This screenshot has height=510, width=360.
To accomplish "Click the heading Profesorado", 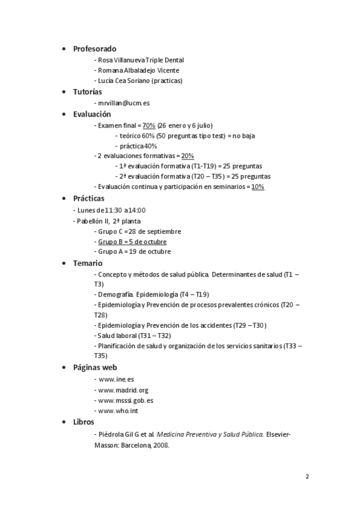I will [x=94, y=49].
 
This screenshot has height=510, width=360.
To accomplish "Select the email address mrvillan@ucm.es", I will [x=124, y=103].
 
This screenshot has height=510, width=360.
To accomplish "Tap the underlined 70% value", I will [x=149, y=125].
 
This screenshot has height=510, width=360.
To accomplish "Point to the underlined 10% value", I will [x=258, y=187].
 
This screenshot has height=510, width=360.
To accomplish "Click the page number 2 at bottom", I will [x=307, y=477].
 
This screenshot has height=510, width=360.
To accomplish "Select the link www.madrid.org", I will [x=123, y=390].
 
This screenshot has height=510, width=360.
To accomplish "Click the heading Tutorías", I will [x=87, y=92].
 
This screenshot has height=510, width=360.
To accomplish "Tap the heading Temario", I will [x=88, y=263].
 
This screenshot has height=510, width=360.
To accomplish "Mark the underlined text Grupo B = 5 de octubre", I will [x=132, y=242].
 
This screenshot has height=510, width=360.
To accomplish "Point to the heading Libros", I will [x=84, y=422].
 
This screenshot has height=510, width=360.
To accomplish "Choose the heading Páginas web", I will [x=94, y=367].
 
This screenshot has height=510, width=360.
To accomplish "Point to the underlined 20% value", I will [x=188, y=156].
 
